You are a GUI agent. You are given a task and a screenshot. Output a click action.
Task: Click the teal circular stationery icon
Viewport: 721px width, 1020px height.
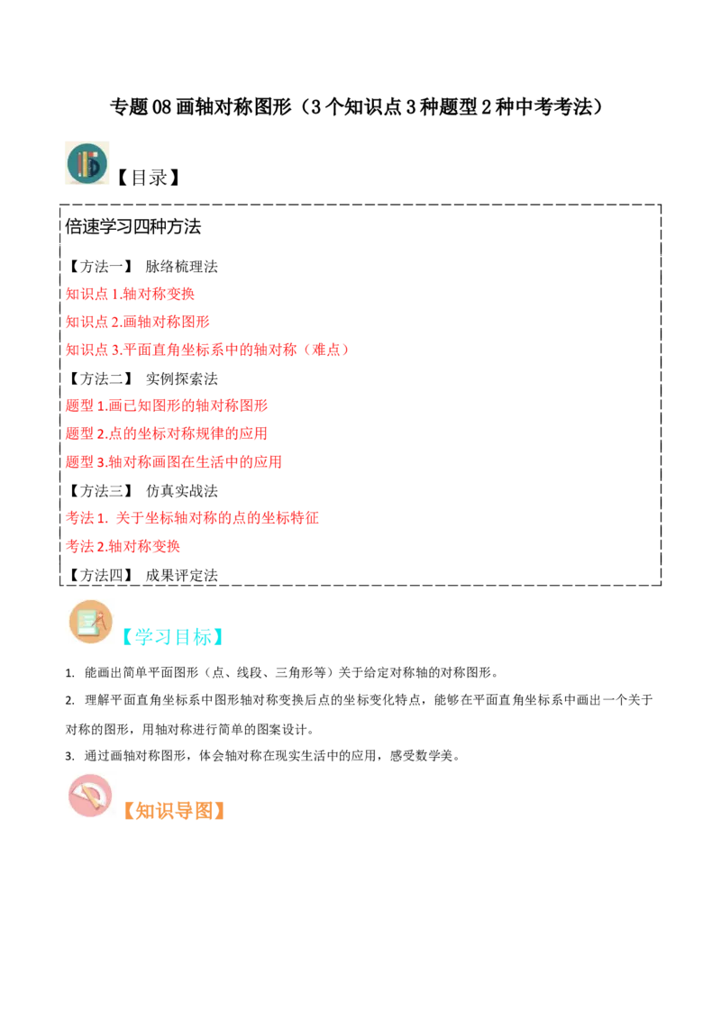click(x=87, y=162)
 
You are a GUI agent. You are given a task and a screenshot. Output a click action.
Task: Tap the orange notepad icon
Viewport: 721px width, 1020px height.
click(x=90, y=622)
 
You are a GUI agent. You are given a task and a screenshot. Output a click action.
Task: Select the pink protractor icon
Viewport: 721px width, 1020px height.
click(x=90, y=796)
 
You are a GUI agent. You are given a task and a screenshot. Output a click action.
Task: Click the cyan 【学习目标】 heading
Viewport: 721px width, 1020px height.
click(x=173, y=638)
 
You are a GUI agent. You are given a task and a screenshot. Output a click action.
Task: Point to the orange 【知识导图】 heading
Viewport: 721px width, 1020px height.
click(x=173, y=810)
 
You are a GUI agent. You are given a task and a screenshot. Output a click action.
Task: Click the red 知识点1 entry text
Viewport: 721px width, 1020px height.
click(x=129, y=293)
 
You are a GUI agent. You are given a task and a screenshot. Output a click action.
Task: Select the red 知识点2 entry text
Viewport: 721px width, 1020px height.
click(x=137, y=322)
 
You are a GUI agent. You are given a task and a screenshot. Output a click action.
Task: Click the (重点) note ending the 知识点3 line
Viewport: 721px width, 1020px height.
click(x=326, y=349)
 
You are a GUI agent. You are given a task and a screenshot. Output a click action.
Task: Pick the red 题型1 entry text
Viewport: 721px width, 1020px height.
click(x=167, y=405)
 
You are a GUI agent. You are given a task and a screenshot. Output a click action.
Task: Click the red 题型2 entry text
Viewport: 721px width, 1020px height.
click(x=166, y=434)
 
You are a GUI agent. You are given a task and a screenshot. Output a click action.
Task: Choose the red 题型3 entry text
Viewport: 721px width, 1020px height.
click(x=173, y=462)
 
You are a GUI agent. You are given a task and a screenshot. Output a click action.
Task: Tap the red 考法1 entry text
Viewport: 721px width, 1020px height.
click(x=193, y=517)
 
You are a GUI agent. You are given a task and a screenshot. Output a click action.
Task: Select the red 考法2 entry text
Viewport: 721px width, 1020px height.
click(x=123, y=545)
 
